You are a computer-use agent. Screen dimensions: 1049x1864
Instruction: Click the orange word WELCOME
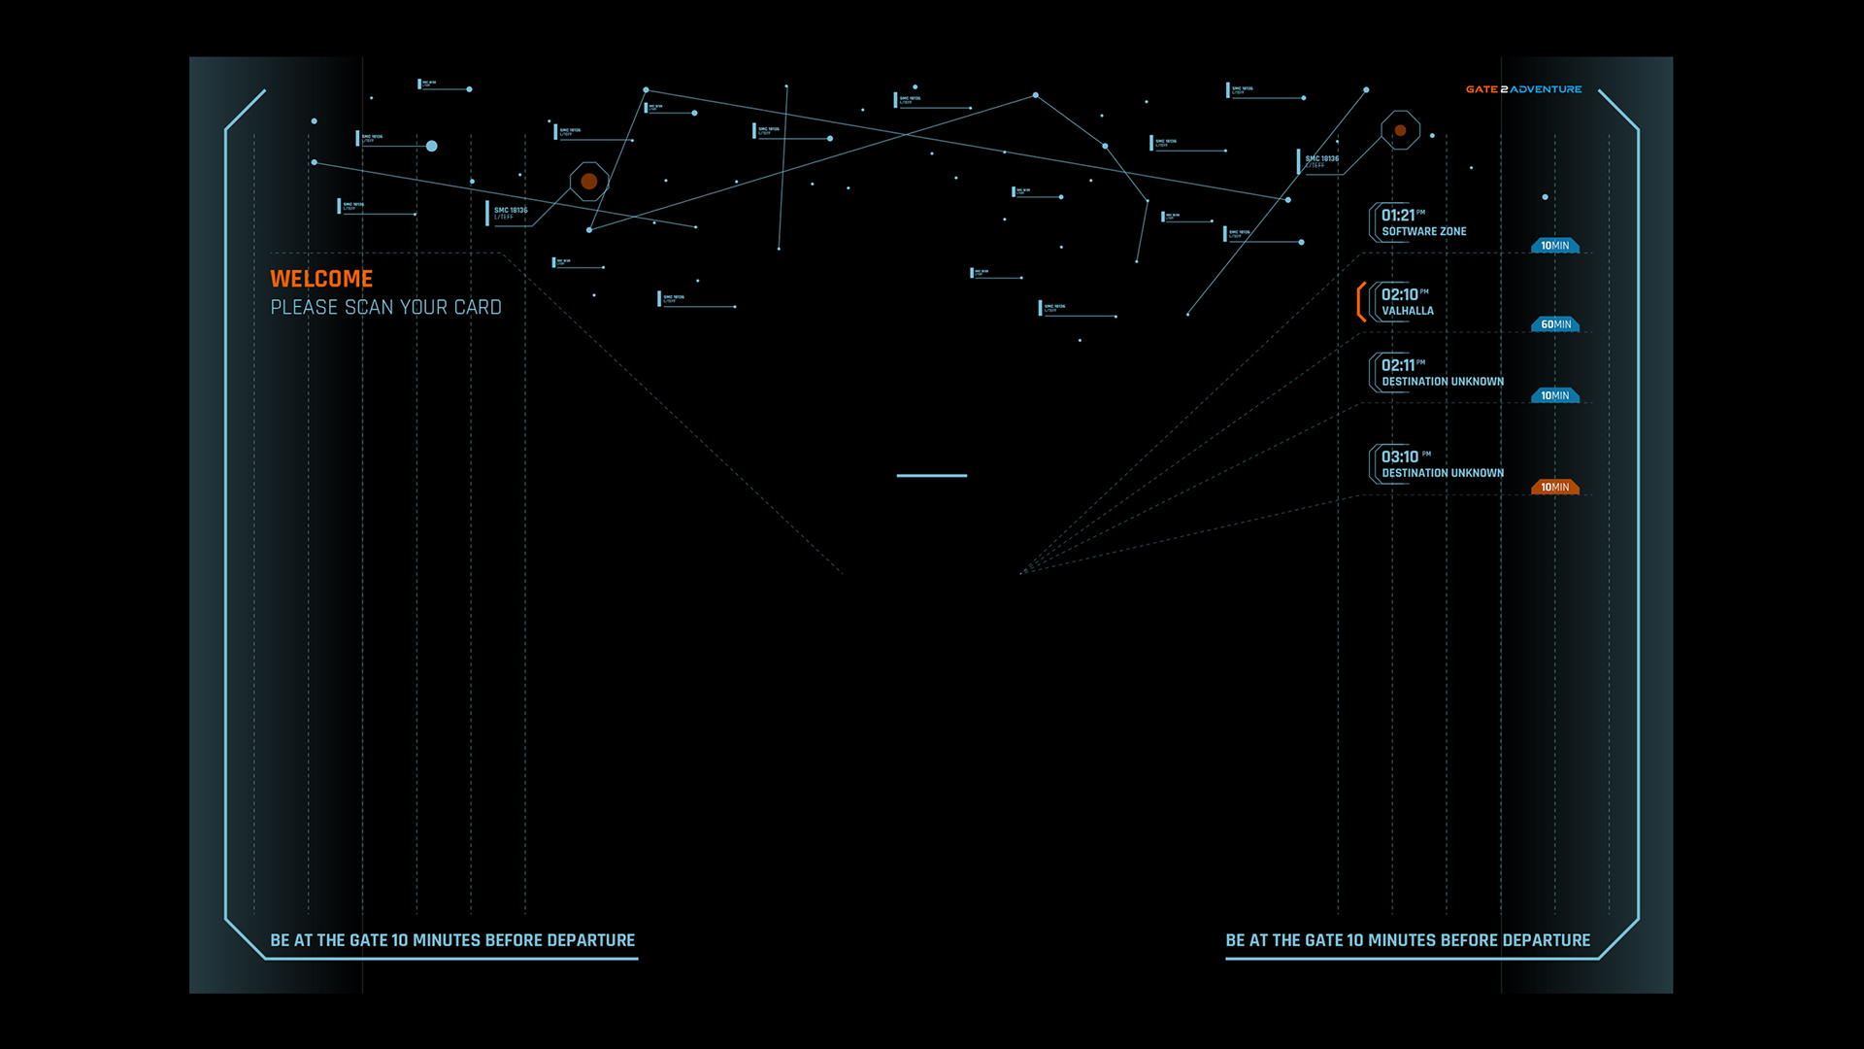click(x=321, y=279)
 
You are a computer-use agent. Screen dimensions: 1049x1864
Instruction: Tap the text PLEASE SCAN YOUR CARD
click(x=385, y=308)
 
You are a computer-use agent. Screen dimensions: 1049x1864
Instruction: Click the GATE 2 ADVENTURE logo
click(x=1523, y=89)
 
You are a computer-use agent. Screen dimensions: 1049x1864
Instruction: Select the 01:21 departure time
click(x=1398, y=216)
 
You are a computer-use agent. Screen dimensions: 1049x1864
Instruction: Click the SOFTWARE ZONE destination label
click(x=1424, y=232)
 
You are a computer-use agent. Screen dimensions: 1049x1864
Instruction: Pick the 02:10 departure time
click(x=1399, y=295)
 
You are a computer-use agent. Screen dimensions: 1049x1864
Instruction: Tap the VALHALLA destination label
click(x=1408, y=312)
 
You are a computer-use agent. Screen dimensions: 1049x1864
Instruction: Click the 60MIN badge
click(x=1555, y=324)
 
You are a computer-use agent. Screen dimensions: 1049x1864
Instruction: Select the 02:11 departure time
click(x=1398, y=366)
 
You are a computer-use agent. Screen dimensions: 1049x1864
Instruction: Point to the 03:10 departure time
click(x=1400, y=457)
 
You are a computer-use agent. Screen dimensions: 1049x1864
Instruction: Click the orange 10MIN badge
click(x=1555, y=488)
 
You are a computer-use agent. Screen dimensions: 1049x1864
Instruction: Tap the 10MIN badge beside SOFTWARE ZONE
click(x=1555, y=246)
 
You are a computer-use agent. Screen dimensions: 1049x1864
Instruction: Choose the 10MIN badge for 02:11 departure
click(x=1555, y=396)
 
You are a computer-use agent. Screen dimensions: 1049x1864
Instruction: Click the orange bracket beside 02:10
click(x=1361, y=302)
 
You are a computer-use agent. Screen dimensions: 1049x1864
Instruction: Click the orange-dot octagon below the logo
click(x=1400, y=130)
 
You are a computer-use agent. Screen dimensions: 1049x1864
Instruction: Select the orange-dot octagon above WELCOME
click(x=589, y=182)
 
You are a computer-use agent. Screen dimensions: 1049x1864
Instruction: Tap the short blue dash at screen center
click(x=932, y=476)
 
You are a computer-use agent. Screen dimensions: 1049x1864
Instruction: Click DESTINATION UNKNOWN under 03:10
click(x=1443, y=474)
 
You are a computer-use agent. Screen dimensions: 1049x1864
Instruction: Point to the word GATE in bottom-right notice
click(x=1324, y=941)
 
